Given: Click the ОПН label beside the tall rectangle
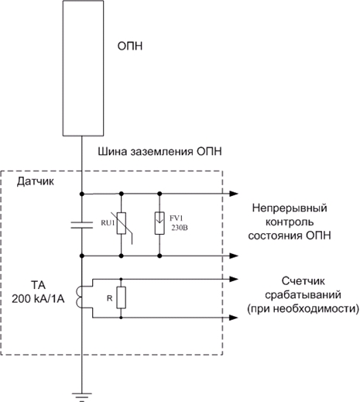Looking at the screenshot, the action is (x=130, y=46).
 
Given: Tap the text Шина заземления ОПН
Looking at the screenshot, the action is (x=159, y=151).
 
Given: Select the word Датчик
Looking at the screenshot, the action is (x=36, y=182).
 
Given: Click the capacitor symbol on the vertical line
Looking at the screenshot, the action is (x=82, y=225).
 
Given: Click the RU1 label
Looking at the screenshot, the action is (x=108, y=223).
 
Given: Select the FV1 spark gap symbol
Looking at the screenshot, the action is (x=159, y=223).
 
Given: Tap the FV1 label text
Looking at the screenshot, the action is (x=176, y=218).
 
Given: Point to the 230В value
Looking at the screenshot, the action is (x=180, y=228).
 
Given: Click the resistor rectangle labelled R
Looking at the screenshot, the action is (x=121, y=297).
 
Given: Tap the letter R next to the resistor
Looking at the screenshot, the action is (x=110, y=298).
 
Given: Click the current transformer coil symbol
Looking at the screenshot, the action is (x=80, y=297).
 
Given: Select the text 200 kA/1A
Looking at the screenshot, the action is (x=38, y=299).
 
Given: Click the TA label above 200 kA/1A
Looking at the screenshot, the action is (x=38, y=285).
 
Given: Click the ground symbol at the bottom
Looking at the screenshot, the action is (x=82, y=397).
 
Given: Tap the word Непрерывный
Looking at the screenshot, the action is (x=290, y=208).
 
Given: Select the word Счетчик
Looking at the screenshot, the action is (x=303, y=281).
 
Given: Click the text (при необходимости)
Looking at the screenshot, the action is (x=303, y=309).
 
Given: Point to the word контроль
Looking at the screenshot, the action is (x=290, y=222).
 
